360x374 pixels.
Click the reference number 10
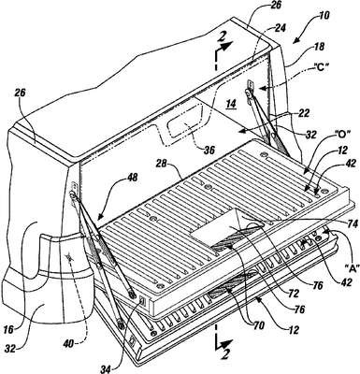click(x=324, y=16)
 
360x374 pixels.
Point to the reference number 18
click(x=319, y=47)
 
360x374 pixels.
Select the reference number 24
click(x=280, y=28)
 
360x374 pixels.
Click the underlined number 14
click(x=232, y=104)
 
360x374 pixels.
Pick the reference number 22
click(x=304, y=114)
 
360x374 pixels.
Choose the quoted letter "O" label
click(x=342, y=135)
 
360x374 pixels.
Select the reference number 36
click(x=209, y=151)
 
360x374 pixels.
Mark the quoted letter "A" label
click(x=352, y=266)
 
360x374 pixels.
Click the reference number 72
click(x=294, y=293)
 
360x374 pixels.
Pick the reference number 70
click(x=259, y=326)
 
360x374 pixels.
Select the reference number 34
click(x=106, y=369)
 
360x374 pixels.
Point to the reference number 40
click(x=70, y=344)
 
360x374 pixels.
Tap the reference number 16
click(x=10, y=330)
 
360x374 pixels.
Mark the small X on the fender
click(x=69, y=257)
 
